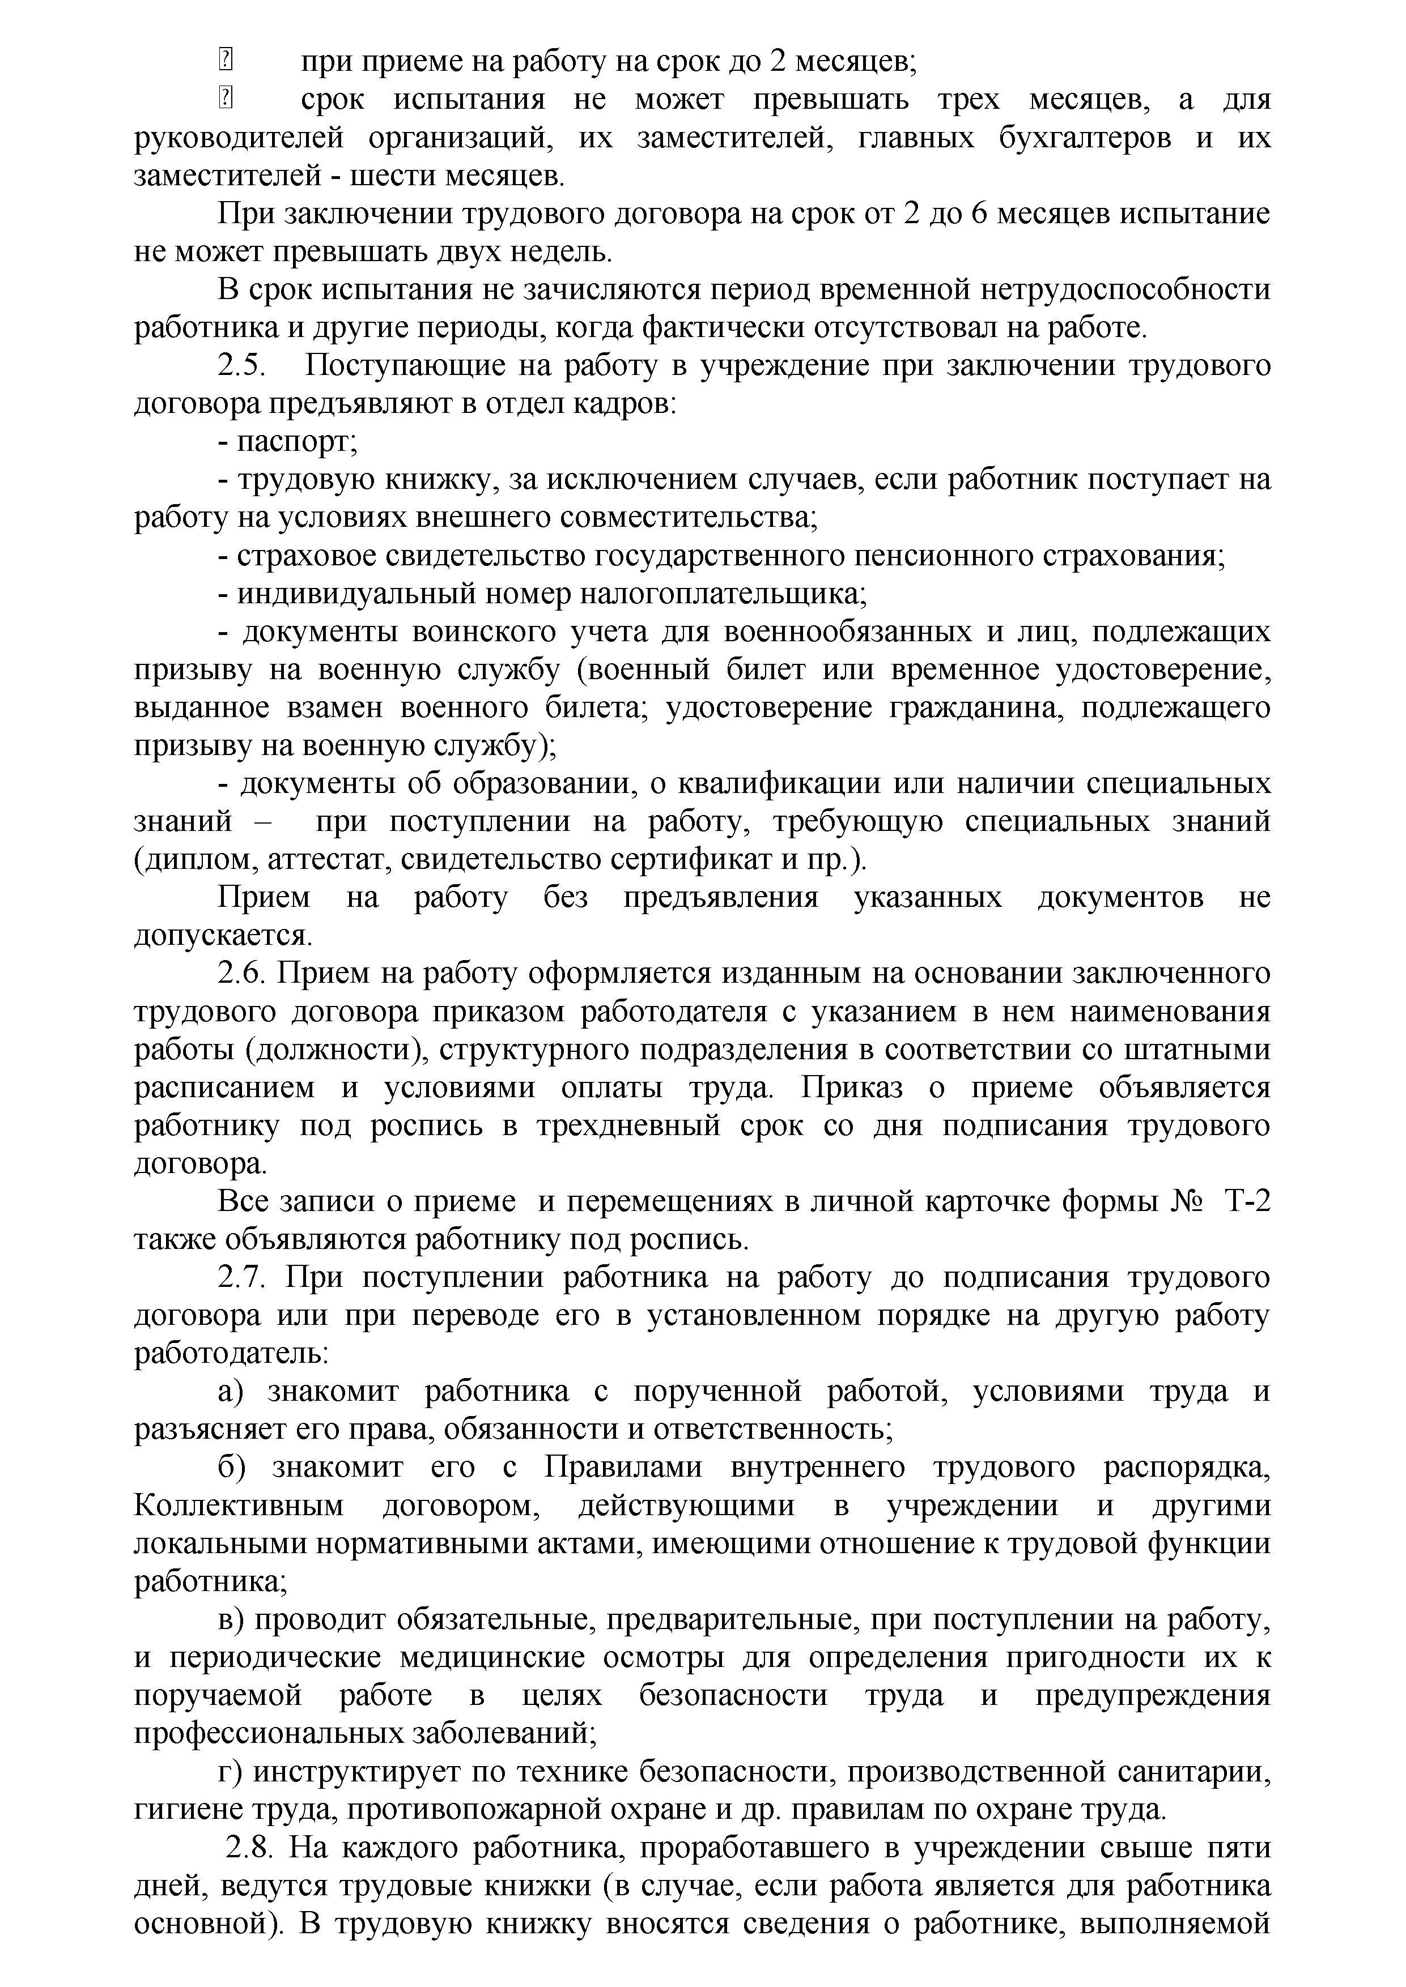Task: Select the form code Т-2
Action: click(x=1247, y=1202)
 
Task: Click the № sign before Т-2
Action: click(x=1186, y=1202)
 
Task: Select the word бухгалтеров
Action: click(x=1086, y=138)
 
